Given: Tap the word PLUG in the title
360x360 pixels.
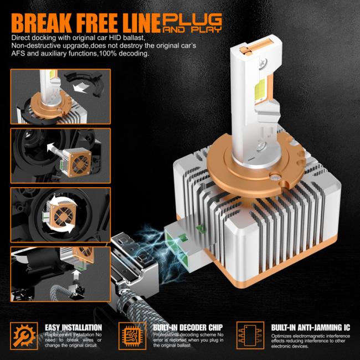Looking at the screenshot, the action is click(192, 19).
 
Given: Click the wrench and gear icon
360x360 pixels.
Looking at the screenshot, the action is click(24, 336).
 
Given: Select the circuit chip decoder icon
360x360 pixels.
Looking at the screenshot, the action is click(132, 336).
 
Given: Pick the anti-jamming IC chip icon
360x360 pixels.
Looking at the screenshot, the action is click(250, 336).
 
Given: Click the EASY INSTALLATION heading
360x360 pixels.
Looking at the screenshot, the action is click(73, 327).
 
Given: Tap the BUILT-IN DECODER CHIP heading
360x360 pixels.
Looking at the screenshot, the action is click(188, 327).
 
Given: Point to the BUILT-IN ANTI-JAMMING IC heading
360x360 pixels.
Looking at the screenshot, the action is click(311, 327).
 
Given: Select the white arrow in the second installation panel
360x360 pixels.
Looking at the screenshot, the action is click(53, 148).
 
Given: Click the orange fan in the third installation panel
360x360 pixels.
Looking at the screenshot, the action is click(63, 216).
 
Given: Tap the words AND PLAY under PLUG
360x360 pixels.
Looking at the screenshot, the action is click(192, 30).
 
